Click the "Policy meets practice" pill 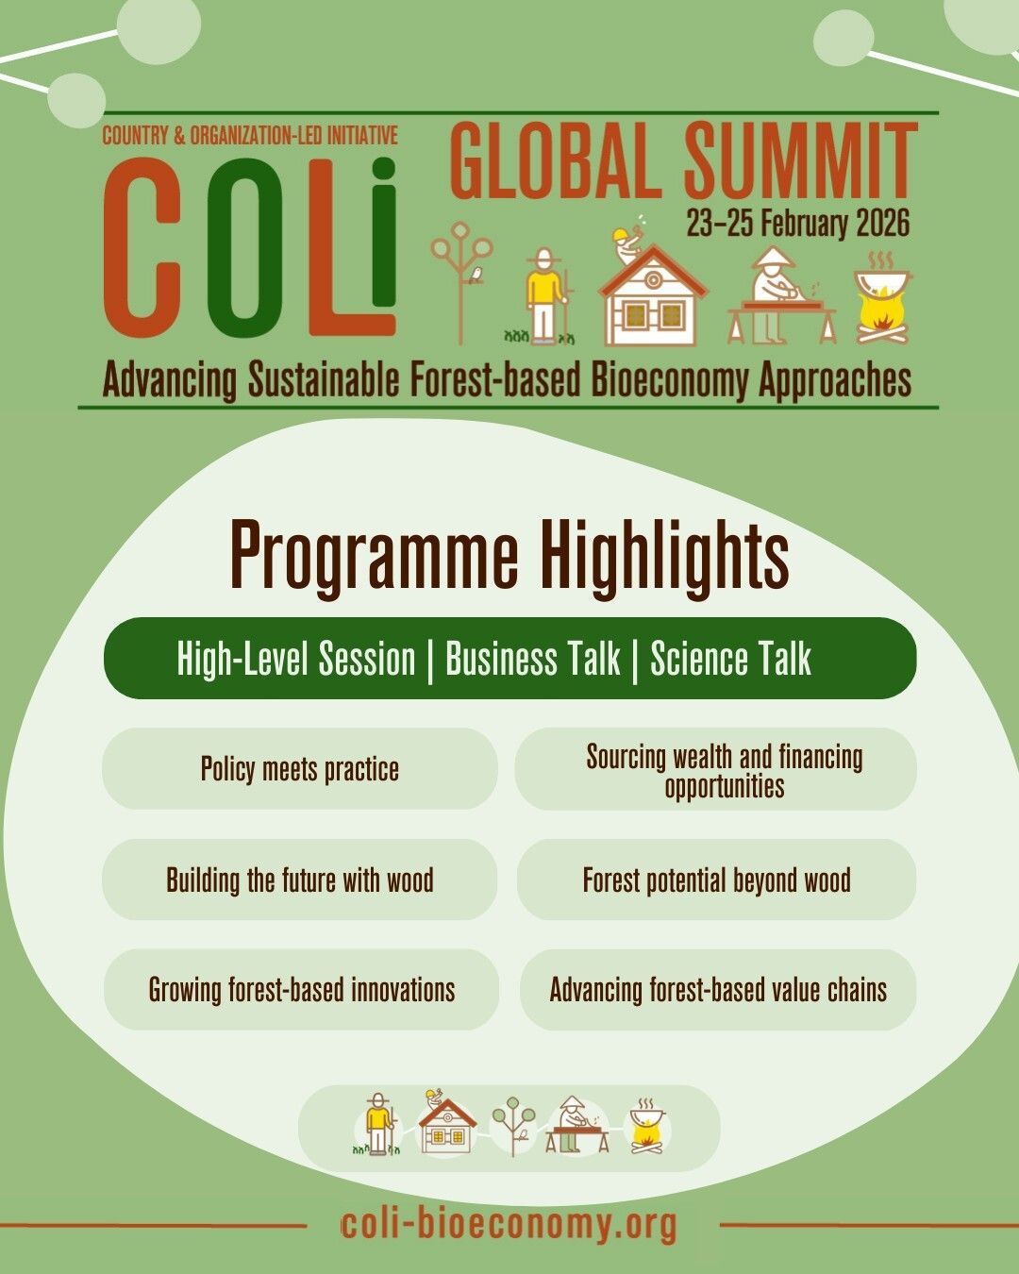[x=300, y=768]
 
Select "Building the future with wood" [x=300, y=880]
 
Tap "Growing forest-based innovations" [x=301, y=990]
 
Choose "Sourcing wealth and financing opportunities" [x=716, y=769]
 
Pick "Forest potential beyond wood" [x=716, y=880]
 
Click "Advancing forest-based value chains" [x=718, y=990]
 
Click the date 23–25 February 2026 [x=797, y=224]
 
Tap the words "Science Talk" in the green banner [x=730, y=659]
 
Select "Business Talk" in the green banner [x=533, y=659]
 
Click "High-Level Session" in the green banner [x=296, y=659]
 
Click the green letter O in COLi [x=244, y=247]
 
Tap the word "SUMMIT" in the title [x=800, y=160]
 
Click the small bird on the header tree [x=476, y=274]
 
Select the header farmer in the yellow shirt [x=546, y=297]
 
